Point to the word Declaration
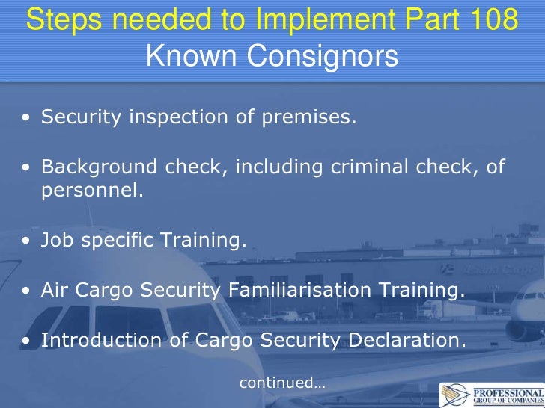404,340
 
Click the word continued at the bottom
276,383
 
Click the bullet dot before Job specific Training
27,241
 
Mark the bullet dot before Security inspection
27,118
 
